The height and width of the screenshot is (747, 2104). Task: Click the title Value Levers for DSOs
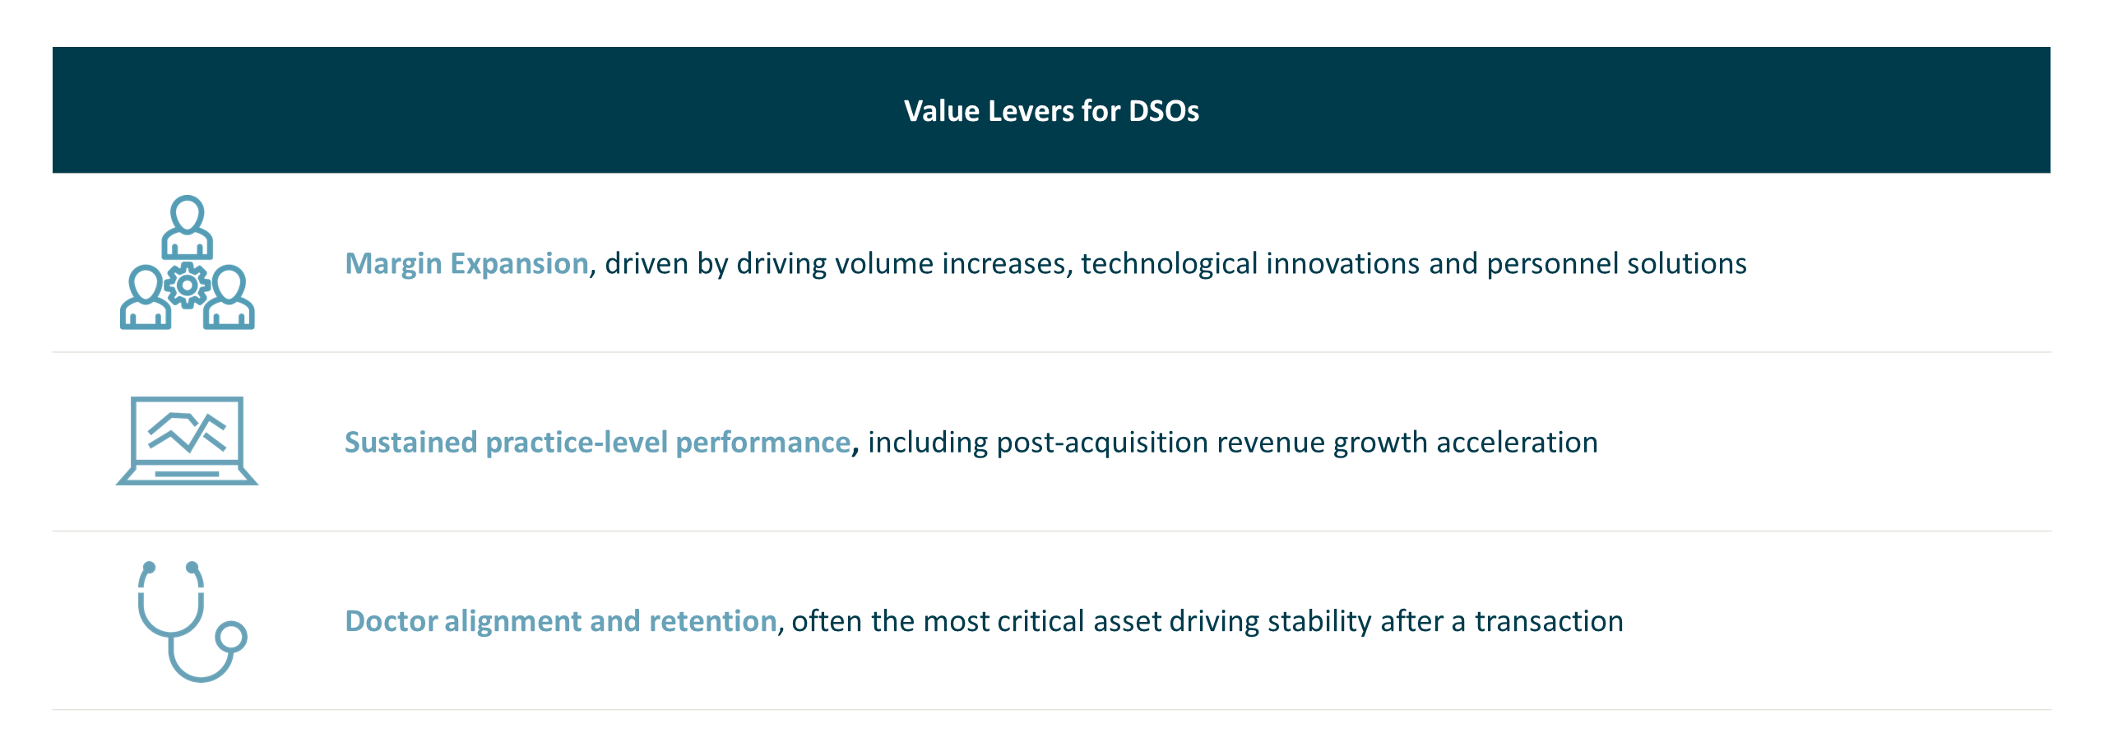tap(1050, 111)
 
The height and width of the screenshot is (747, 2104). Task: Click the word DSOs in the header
tap(1163, 111)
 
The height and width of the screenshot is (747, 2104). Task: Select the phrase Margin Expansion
tap(466, 263)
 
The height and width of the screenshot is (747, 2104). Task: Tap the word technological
tap(1169, 263)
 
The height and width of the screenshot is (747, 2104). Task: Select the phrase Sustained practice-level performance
tap(597, 443)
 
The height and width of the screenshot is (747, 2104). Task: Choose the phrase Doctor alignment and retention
tap(560, 621)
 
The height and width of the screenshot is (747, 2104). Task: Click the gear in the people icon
tap(188, 285)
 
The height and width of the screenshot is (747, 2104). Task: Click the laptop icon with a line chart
tap(188, 440)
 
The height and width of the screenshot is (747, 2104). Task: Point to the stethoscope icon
tap(189, 621)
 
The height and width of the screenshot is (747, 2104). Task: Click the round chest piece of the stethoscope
tap(231, 637)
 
